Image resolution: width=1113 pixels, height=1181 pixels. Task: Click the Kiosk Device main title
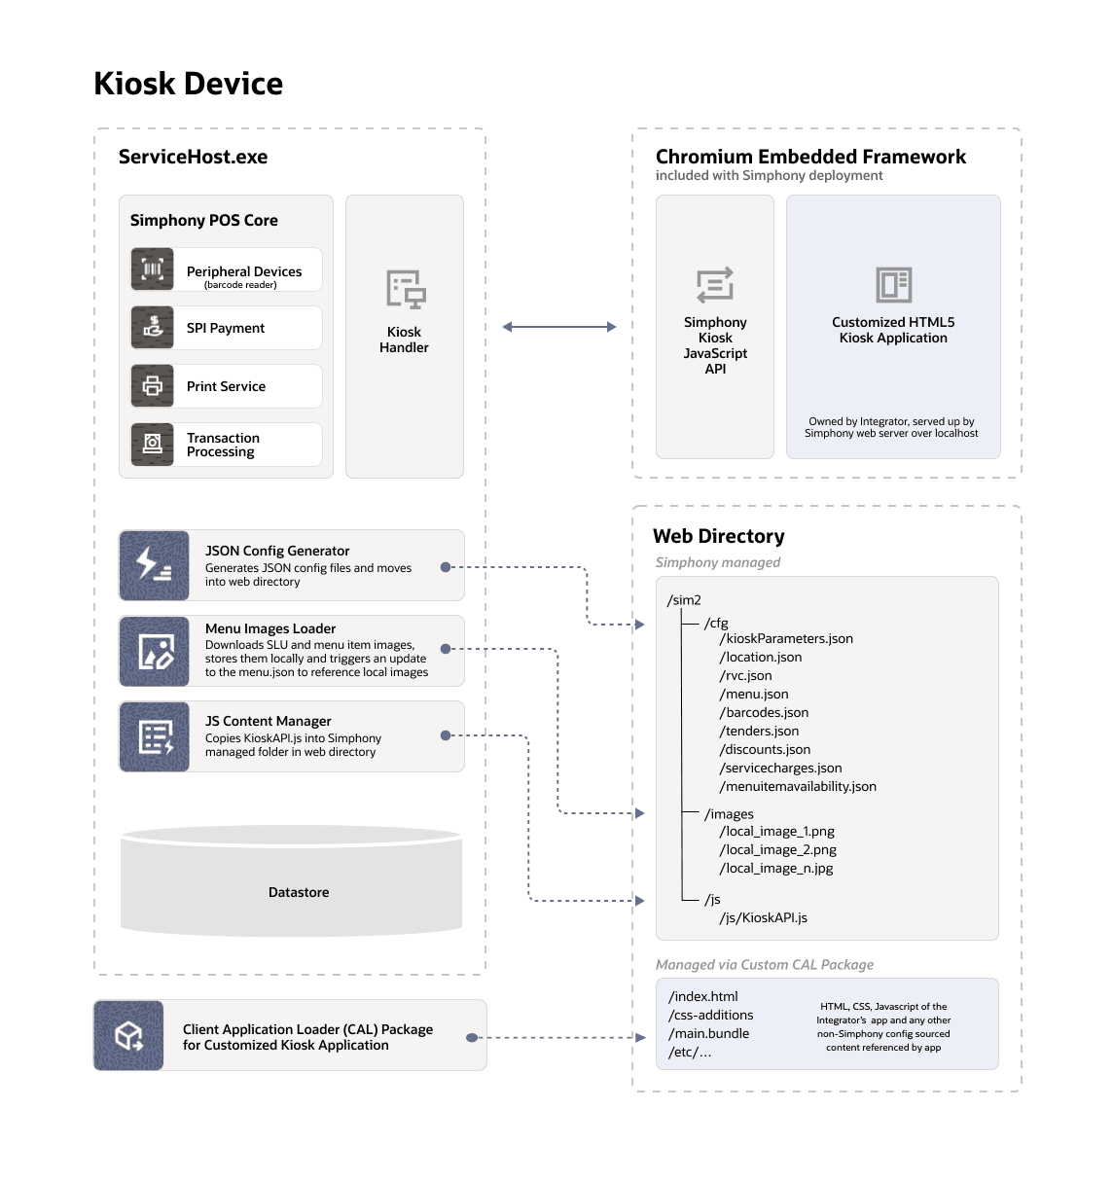pos(188,84)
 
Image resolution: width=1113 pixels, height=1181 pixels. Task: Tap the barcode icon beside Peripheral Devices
pos(153,269)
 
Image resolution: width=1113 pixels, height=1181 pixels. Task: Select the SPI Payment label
pos(225,328)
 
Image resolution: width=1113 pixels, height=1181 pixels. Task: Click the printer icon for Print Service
pos(153,386)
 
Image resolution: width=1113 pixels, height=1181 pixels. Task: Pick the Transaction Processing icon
pos(153,445)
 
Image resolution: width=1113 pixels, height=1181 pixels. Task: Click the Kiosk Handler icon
pos(405,290)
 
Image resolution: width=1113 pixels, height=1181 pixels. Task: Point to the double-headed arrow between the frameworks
pos(558,327)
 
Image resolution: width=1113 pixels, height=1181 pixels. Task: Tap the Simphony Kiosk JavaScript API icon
pos(715,286)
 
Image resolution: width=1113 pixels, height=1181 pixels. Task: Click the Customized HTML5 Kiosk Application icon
pos(893,285)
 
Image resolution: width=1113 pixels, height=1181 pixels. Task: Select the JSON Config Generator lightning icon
pos(154,565)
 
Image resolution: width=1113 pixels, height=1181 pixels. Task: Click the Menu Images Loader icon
pos(154,651)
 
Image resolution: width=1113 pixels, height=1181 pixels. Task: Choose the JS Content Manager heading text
pos(268,721)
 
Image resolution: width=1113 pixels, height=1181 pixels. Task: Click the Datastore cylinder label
pos(299,892)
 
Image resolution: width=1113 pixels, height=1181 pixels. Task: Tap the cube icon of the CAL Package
pos(128,1035)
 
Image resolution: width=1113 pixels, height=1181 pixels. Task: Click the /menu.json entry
pos(754,694)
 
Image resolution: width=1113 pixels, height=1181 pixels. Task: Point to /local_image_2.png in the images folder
pos(777,849)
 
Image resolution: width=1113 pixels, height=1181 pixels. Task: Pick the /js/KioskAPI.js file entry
pos(763,917)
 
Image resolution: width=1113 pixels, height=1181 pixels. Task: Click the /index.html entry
pos(703,996)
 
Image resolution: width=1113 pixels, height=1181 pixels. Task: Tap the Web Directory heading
pos(718,536)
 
